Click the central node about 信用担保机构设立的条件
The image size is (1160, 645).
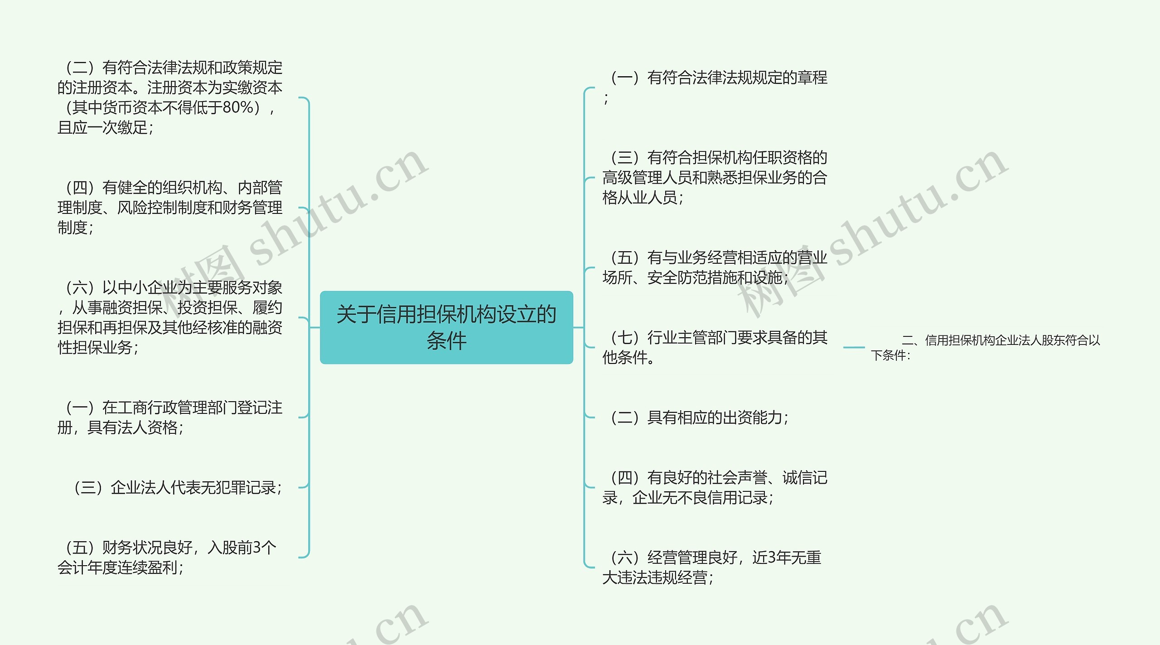coord(446,327)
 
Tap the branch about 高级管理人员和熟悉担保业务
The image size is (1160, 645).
coord(715,178)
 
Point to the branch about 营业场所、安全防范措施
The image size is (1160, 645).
coord(715,267)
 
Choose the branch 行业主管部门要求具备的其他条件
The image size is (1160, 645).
coord(715,347)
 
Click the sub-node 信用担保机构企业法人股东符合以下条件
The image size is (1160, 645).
coord(986,347)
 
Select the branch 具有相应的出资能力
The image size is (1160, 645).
coord(700,417)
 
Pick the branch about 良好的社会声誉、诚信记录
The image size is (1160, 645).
coord(715,487)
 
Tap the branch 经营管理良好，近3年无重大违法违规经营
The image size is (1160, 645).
coord(711,567)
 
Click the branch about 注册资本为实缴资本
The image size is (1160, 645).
coord(170,97)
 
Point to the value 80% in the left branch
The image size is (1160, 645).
coord(237,107)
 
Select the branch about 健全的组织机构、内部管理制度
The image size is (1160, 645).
coord(170,208)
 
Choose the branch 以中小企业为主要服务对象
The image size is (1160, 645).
coord(170,317)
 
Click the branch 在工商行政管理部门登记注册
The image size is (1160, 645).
coord(170,417)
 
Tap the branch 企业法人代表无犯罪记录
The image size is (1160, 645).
coord(178,488)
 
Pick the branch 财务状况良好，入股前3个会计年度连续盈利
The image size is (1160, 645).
coord(167,557)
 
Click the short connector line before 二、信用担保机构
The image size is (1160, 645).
coord(854,348)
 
